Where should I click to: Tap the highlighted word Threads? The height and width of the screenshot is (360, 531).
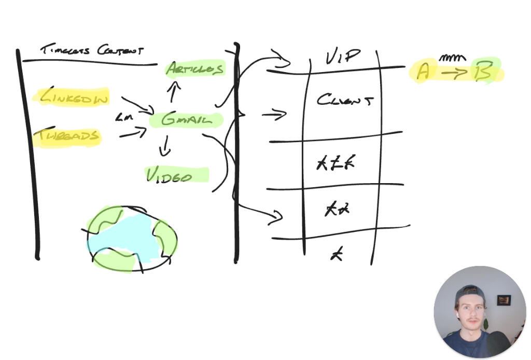coord(66,136)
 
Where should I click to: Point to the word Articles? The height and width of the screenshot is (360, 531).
coord(195,68)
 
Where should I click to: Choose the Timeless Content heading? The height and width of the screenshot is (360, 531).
coord(92,50)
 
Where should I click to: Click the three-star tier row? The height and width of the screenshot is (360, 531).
coord(336,164)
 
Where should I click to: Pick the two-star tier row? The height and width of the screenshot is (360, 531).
coord(337,209)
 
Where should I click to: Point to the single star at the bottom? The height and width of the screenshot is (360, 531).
coord(337,254)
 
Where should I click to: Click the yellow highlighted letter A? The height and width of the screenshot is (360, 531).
coord(423,72)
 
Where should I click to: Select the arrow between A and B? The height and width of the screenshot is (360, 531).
coord(454,73)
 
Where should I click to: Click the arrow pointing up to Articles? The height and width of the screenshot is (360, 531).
coord(174,91)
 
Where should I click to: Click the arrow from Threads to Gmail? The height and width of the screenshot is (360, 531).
coord(133,134)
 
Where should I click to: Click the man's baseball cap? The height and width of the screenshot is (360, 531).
coord(470,295)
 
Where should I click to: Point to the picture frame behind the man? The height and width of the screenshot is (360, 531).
coord(504,300)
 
